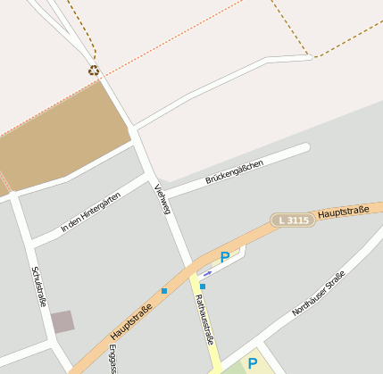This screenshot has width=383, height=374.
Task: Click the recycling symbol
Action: [x=94, y=70]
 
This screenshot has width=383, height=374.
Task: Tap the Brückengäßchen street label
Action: [x=235, y=172]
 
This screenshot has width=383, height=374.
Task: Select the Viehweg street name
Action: [x=162, y=198]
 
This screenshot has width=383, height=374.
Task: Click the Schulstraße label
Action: [x=38, y=287]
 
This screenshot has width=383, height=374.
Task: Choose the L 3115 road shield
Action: [x=294, y=220]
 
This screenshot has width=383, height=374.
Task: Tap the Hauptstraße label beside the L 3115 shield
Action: [x=343, y=212]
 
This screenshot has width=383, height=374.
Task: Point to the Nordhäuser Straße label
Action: [x=318, y=294]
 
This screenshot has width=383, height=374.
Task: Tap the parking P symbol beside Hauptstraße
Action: [x=225, y=257]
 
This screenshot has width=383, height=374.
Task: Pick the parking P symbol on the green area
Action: [x=252, y=363]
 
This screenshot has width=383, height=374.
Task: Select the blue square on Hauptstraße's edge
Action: [x=164, y=291]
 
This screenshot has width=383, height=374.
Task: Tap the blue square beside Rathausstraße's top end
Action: [x=203, y=286]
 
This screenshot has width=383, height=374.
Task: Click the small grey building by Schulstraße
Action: [x=62, y=321]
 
